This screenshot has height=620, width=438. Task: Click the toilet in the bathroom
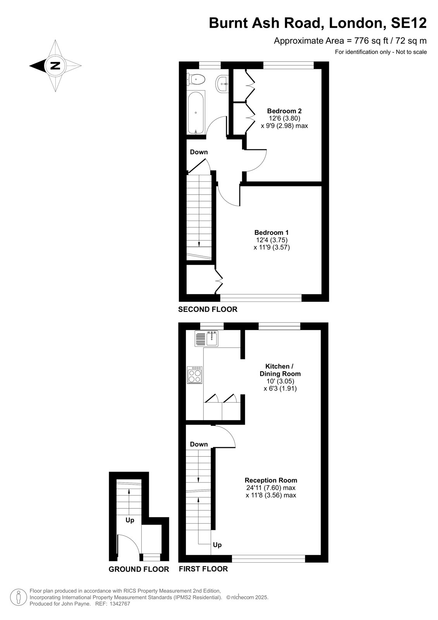(x=196, y=79)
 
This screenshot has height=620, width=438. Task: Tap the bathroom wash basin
(x=222, y=83)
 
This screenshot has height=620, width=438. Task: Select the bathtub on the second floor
(x=196, y=112)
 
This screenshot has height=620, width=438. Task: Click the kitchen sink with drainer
(x=206, y=339)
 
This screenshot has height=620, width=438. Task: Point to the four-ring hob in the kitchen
(x=195, y=375)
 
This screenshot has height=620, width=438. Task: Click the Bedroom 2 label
(x=284, y=111)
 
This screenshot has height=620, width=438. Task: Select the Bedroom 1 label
(x=271, y=232)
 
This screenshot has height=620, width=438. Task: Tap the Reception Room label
(x=271, y=480)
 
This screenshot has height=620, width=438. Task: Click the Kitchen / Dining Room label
(x=280, y=370)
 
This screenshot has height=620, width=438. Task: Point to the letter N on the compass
(x=55, y=66)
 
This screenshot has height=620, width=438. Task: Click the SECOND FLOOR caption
(x=208, y=310)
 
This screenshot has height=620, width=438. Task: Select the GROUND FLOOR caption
(x=139, y=569)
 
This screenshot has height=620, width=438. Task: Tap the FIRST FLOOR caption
(x=203, y=569)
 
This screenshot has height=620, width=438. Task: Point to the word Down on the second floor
(x=199, y=152)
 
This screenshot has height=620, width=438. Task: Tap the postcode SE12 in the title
(x=409, y=23)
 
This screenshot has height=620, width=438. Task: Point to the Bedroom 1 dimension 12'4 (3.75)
(x=272, y=240)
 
